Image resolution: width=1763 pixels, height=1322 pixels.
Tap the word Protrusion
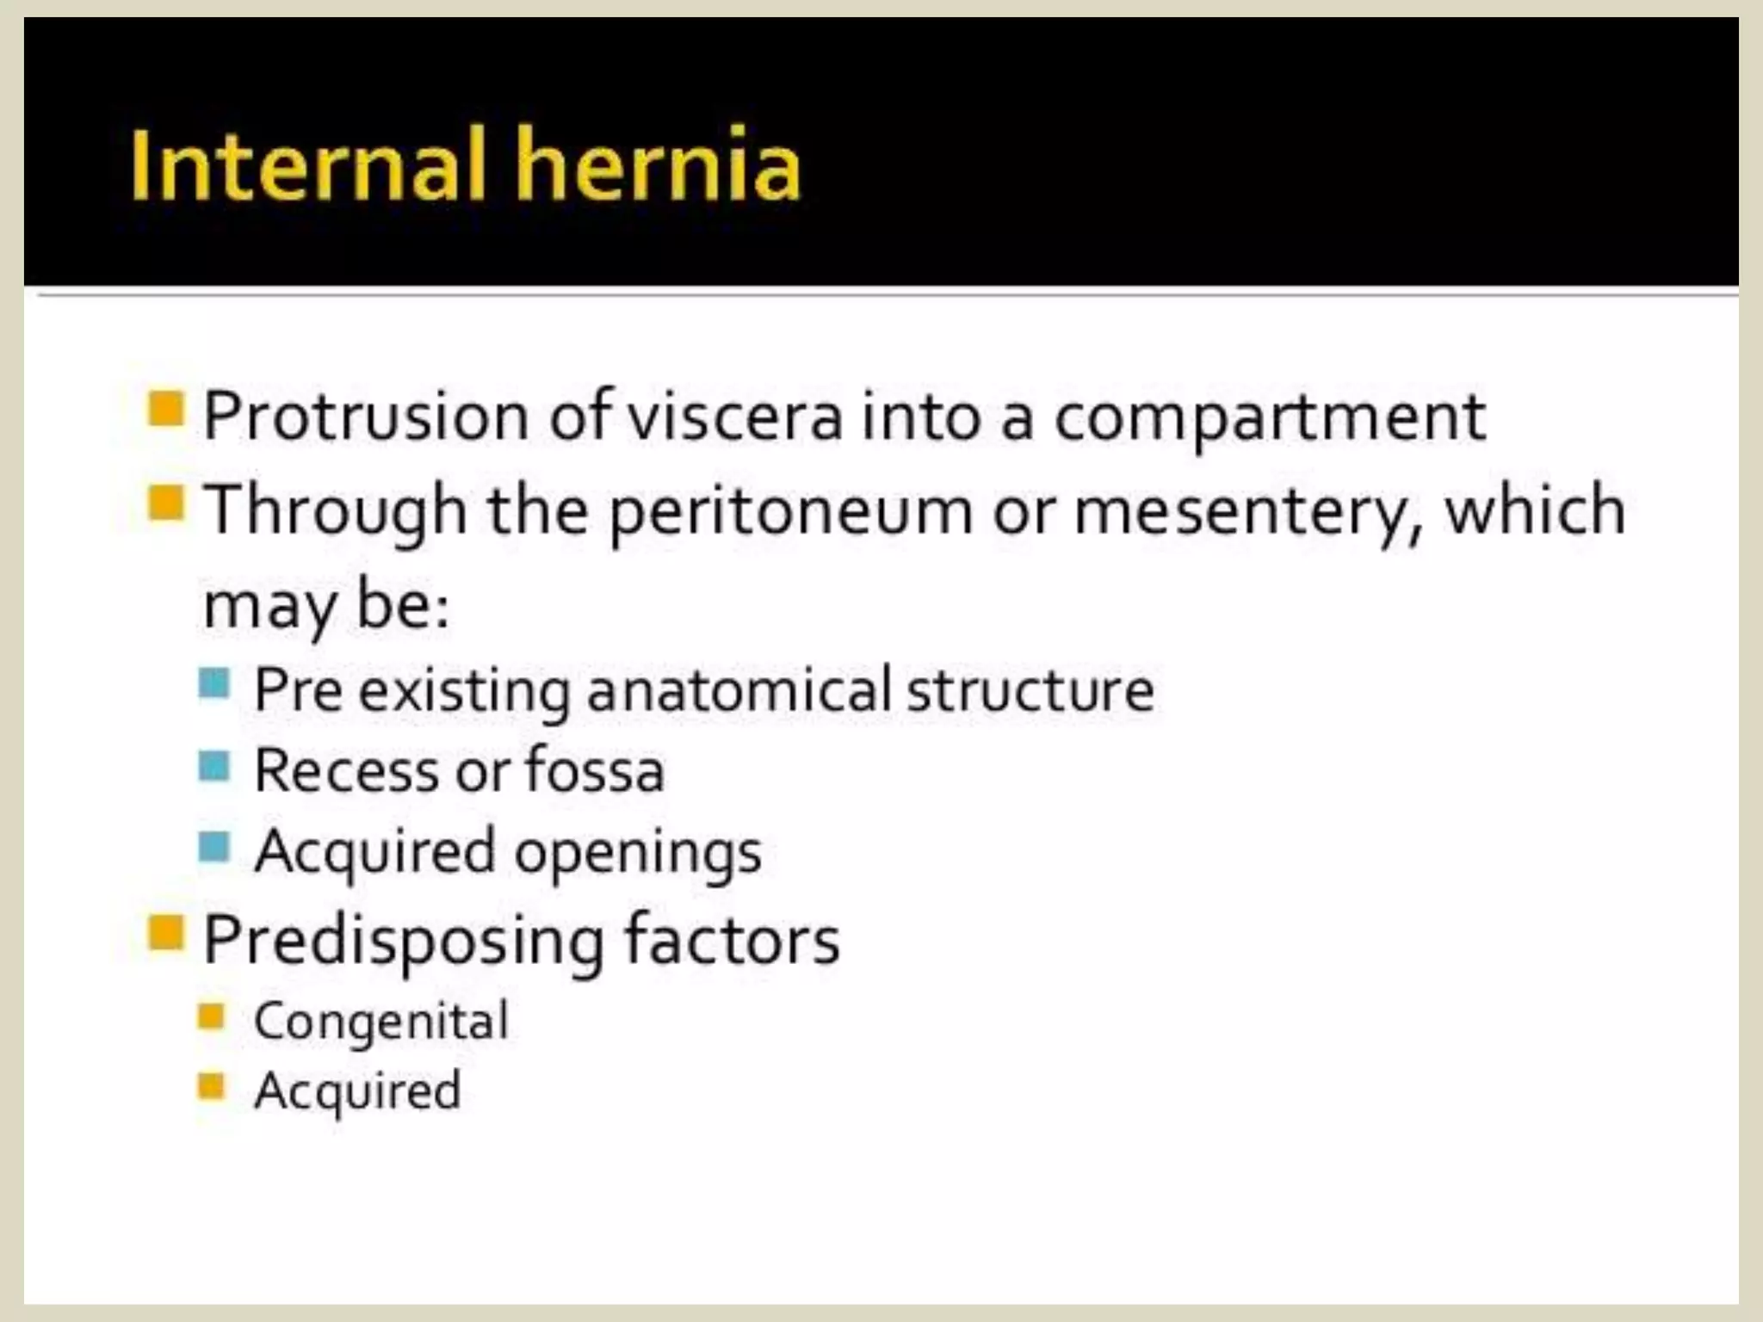[x=366, y=417]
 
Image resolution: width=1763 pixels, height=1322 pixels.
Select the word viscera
[x=734, y=417]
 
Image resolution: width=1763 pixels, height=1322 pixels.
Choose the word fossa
[x=595, y=770]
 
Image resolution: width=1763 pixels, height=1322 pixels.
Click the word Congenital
[x=381, y=1022]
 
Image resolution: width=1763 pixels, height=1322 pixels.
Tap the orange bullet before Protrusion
[x=166, y=409]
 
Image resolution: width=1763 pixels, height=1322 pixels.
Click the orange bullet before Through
[x=166, y=503]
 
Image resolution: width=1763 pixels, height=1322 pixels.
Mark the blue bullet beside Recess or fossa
[x=213, y=765]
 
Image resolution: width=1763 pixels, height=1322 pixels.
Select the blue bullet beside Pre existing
[x=213, y=684]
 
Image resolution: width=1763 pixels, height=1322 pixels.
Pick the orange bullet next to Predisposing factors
[x=166, y=931]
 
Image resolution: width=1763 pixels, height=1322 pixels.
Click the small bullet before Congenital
[x=211, y=1016]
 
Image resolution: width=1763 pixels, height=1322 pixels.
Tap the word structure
[x=1030, y=690]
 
